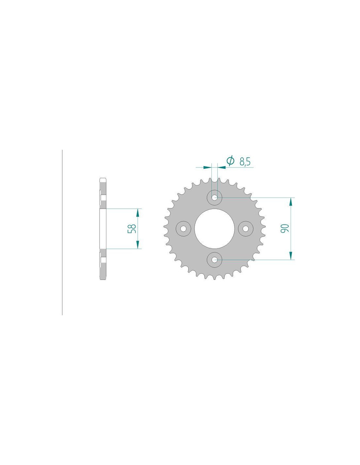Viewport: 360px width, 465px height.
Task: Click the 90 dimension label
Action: tap(285, 229)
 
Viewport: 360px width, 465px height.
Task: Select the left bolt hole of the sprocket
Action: tap(183, 229)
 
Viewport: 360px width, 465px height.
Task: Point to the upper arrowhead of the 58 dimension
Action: tap(137, 212)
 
